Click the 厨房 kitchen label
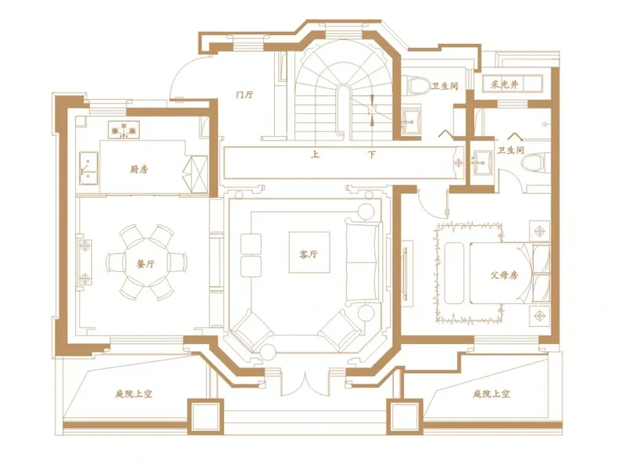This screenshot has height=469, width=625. point(139,170)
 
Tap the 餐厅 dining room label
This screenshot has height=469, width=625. point(145,263)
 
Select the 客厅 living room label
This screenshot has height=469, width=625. point(309,254)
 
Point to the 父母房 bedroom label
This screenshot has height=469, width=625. point(504,275)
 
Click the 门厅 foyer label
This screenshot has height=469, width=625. point(245,95)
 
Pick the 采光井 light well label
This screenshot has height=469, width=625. point(505,84)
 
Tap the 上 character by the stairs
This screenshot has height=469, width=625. point(316,154)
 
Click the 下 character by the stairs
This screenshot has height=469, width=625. point(372,154)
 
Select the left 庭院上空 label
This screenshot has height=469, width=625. point(134,394)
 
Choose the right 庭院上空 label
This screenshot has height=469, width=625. point(491,394)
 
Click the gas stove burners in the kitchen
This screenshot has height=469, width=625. point(123,130)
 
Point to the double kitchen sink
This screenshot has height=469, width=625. point(88,168)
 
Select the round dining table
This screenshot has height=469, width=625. point(145,262)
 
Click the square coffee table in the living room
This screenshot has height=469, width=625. point(309,252)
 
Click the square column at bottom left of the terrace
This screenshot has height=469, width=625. point(205,417)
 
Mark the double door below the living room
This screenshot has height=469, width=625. point(305,384)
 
